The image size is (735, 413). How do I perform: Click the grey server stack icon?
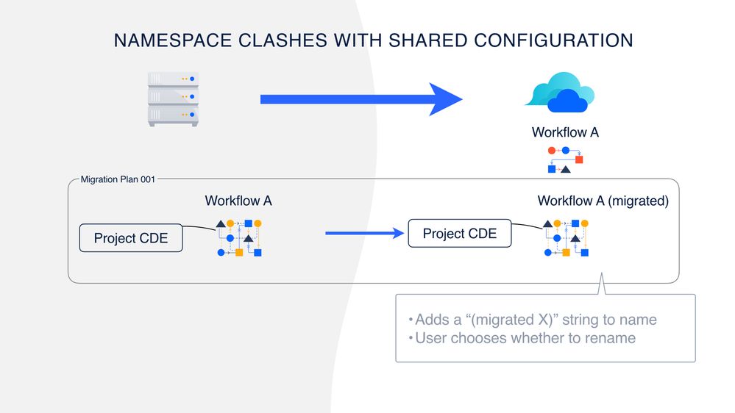click(x=174, y=98)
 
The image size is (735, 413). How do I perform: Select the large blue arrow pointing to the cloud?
click(x=361, y=98)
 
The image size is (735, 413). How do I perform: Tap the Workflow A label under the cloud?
click(x=565, y=133)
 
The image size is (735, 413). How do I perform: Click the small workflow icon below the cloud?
click(x=565, y=159)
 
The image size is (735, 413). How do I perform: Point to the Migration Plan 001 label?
click(x=118, y=179)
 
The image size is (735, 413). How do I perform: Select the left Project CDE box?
click(x=131, y=238)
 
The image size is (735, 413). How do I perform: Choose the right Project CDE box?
click(x=460, y=234)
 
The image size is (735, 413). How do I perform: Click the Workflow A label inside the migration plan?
click(x=238, y=201)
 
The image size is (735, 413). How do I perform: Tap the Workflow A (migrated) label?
click(x=603, y=201)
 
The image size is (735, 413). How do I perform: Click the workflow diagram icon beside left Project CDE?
click(x=239, y=237)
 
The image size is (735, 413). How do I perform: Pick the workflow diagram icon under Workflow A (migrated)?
click(x=566, y=237)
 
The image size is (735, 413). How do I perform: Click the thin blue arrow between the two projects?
click(x=365, y=234)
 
